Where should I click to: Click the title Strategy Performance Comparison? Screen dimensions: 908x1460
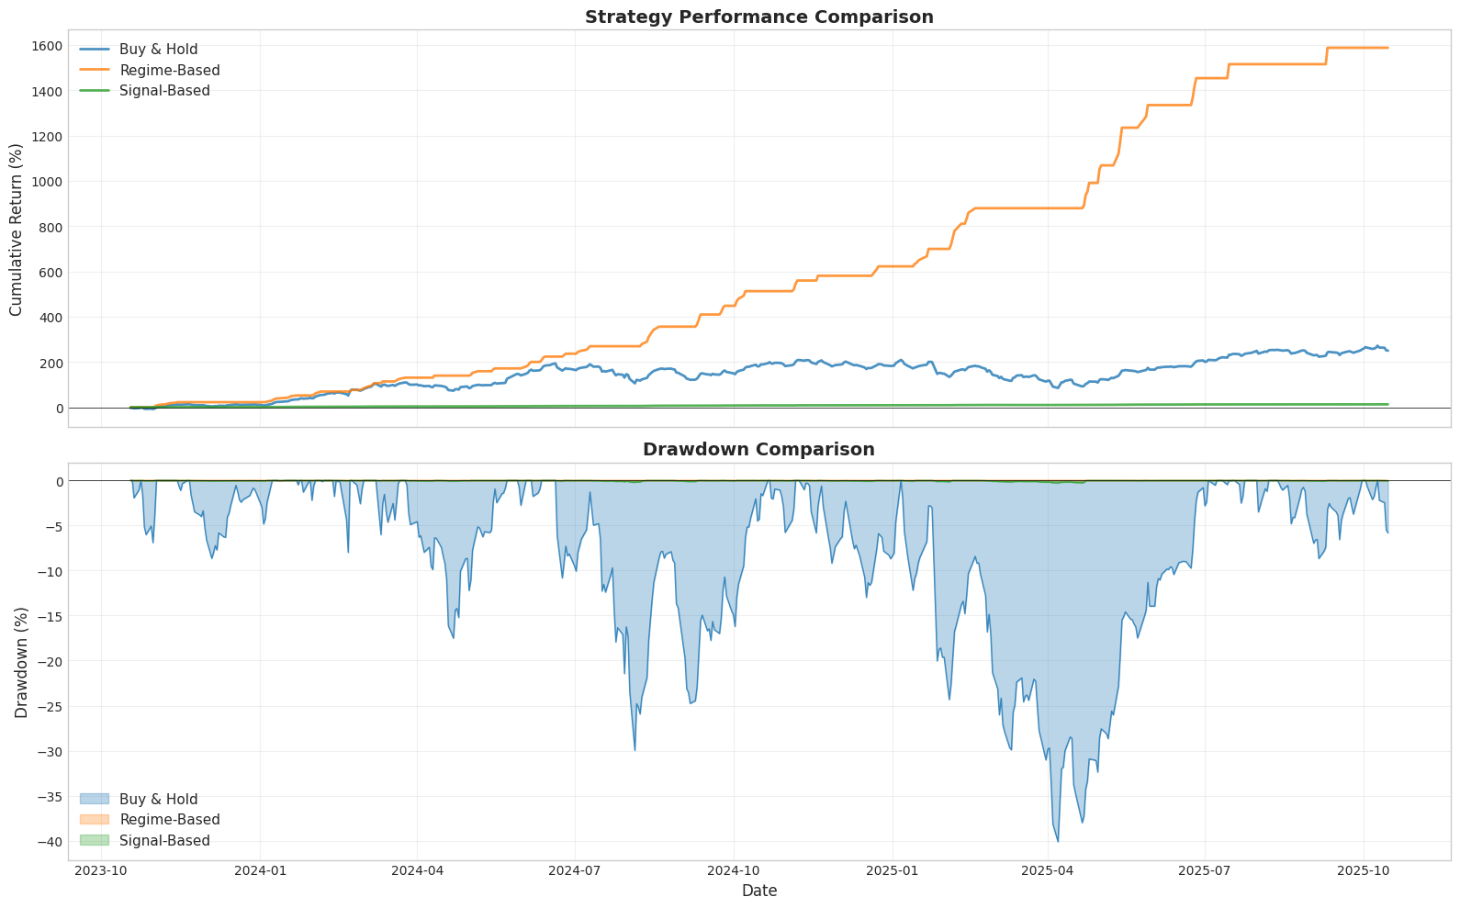[x=758, y=17]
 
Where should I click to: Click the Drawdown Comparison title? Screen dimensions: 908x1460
[x=758, y=450]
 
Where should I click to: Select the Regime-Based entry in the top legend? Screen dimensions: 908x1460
[x=169, y=71]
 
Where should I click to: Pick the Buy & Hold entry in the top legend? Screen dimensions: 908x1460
[x=158, y=50]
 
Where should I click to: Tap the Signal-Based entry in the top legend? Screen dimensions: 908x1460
[x=164, y=91]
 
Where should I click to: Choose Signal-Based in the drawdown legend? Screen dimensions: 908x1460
[x=164, y=841]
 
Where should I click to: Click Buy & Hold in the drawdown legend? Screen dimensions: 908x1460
[x=158, y=800]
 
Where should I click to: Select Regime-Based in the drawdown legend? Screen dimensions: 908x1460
[x=169, y=820]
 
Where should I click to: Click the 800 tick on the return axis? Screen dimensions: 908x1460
[x=50, y=227]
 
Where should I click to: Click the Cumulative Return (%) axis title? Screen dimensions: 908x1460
[x=17, y=229]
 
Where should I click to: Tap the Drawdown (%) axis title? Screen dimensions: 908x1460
[x=21, y=662]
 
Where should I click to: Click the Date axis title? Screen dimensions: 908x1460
[x=758, y=891]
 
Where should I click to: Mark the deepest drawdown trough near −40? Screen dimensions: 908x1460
[x=1058, y=841]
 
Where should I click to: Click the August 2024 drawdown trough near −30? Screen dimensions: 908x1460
[x=635, y=750]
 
